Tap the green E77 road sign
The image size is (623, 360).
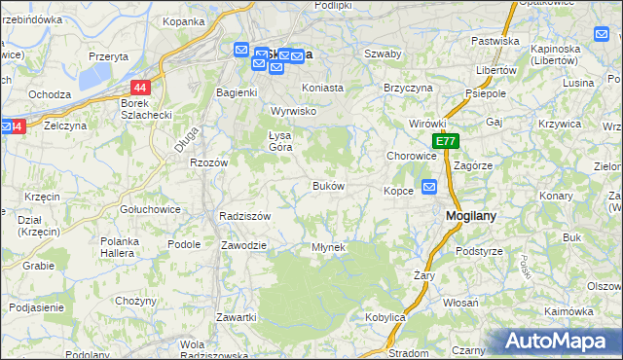[x=446, y=141]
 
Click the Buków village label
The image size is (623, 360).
[x=327, y=186]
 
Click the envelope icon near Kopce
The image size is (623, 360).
[x=430, y=186]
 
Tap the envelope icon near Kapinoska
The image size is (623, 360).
[x=601, y=34]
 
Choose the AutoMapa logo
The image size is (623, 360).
[x=559, y=342]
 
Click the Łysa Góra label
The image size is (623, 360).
[x=280, y=140]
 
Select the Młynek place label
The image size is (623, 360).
[x=328, y=247]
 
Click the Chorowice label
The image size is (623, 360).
[x=411, y=156]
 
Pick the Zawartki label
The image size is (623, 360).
[x=237, y=318]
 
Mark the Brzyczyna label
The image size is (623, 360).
[x=408, y=88]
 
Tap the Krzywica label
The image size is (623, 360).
[x=559, y=125]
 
